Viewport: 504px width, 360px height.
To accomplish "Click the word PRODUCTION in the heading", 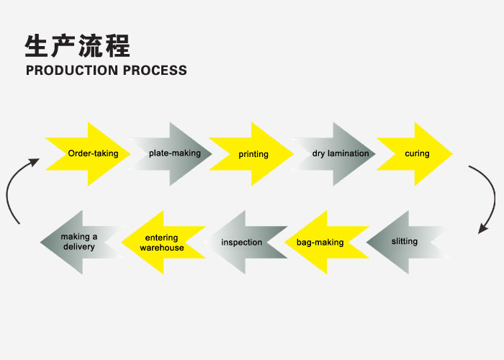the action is click(x=72, y=71).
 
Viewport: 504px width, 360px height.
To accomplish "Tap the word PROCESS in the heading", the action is click(x=155, y=71).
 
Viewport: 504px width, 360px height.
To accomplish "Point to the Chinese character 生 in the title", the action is click(x=37, y=46).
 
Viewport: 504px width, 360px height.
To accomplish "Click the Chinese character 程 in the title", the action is click(x=117, y=46).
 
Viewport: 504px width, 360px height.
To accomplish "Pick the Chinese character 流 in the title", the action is click(x=91, y=46).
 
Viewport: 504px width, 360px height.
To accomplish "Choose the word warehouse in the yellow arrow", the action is click(x=162, y=248).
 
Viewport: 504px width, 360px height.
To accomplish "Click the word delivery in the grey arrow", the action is click(x=79, y=247).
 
